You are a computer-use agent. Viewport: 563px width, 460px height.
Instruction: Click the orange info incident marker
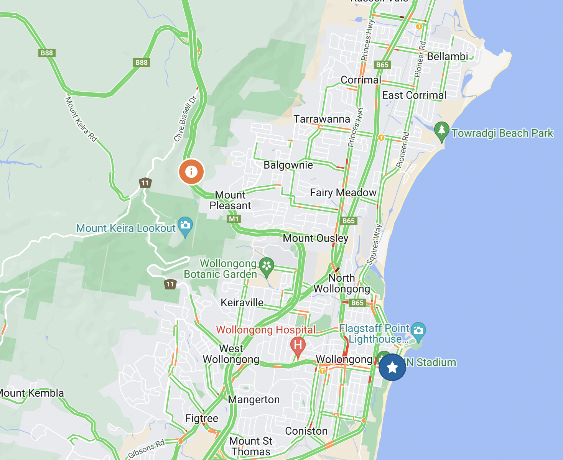[x=191, y=171]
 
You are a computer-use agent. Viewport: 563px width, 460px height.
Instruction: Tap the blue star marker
[x=392, y=367]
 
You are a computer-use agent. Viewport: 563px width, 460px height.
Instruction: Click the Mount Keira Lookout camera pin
[x=185, y=225]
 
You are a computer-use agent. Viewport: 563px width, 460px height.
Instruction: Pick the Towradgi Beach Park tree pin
[x=441, y=130]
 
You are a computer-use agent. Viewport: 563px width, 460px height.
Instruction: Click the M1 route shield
[x=234, y=219]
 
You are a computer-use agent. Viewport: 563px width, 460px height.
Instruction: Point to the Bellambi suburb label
[x=447, y=56]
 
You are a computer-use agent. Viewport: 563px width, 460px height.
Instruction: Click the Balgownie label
[x=288, y=165]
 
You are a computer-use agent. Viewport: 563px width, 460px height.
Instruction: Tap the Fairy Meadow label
[x=343, y=192]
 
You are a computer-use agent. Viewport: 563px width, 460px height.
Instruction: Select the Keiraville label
[x=242, y=302]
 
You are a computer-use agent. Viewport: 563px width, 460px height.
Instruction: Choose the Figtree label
[x=202, y=418]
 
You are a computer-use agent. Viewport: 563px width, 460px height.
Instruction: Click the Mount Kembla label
[x=31, y=393]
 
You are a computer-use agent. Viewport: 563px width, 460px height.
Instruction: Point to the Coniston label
[x=306, y=431]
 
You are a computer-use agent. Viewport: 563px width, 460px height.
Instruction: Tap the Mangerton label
[x=254, y=399]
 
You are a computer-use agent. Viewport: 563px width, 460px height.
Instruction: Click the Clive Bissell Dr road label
[x=185, y=119]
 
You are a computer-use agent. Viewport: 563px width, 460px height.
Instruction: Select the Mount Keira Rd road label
[x=81, y=119]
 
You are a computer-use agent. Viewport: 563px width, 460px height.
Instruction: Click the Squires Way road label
[x=375, y=245]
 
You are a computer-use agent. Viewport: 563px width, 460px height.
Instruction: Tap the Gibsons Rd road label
[x=147, y=449]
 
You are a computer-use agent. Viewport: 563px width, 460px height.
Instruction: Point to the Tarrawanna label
[x=322, y=119]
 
